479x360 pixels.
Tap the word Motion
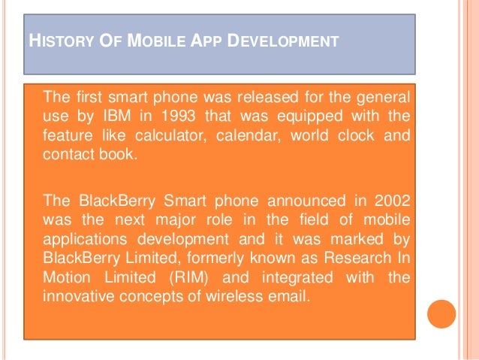point(67,277)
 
